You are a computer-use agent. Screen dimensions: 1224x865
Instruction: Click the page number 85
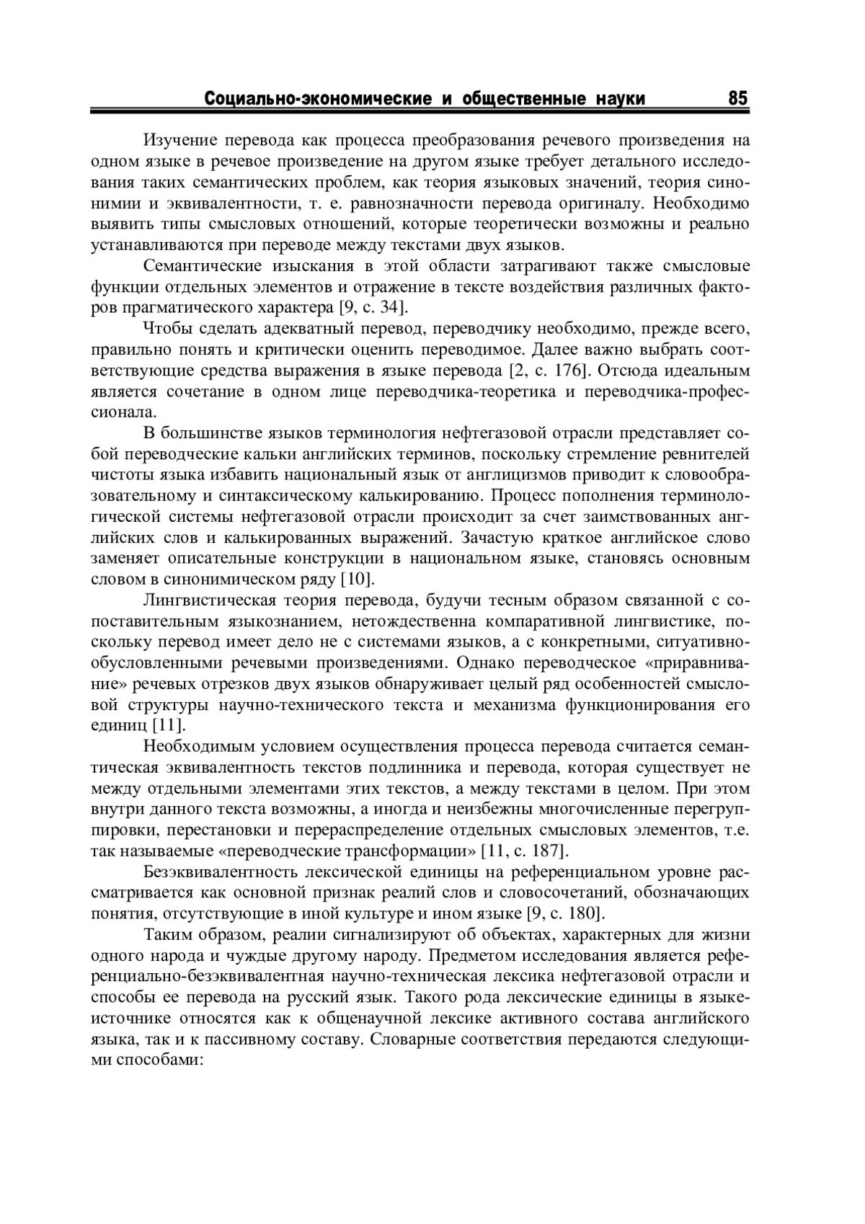(x=737, y=98)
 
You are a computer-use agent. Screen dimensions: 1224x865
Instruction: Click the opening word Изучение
(x=178, y=140)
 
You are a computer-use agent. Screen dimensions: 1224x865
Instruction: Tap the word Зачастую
(x=497, y=538)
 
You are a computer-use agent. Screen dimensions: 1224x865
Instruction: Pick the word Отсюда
(x=626, y=371)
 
